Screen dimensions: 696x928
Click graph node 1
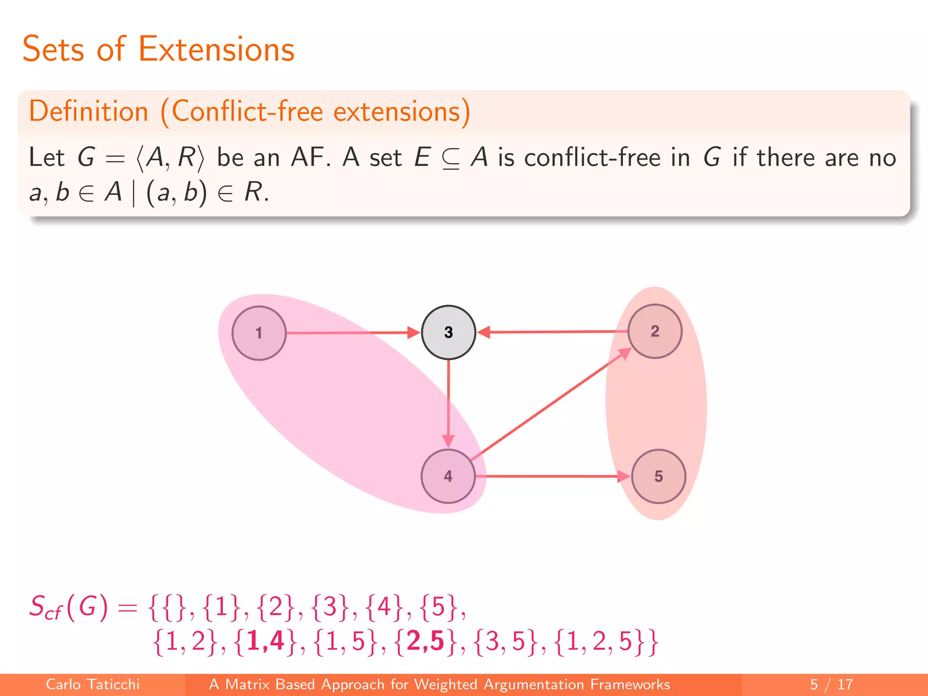click(x=259, y=333)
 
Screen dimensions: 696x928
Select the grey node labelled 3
click(x=448, y=332)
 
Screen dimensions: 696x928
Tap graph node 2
click(x=655, y=331)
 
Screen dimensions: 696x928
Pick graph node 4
click(x=448, y=476)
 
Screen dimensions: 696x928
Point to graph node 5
click(x=658, y=476)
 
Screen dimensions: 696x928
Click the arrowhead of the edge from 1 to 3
click(x=413, y=333)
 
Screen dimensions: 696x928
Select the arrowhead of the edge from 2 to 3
click(x=484, y=332)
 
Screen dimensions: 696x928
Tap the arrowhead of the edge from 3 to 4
click(x=448, y=440)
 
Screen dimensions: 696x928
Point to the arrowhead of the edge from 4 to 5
click(x=623, y=476)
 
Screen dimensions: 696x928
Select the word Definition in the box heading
click(x=89, y=111)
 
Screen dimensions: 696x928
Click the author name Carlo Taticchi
click(x=93, y=684)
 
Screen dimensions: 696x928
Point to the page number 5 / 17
click(x=831, y=684)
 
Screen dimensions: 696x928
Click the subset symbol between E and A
click(x=451, y=159)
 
